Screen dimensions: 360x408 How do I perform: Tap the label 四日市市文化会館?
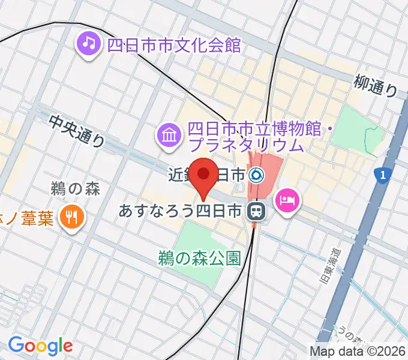coord(173,44)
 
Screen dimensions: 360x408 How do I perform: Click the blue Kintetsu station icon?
coord(257,175)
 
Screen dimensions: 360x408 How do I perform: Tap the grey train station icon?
coord(256,211)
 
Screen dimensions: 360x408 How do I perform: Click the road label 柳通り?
coord(376,86)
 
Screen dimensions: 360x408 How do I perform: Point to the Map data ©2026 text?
coord(357,351)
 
